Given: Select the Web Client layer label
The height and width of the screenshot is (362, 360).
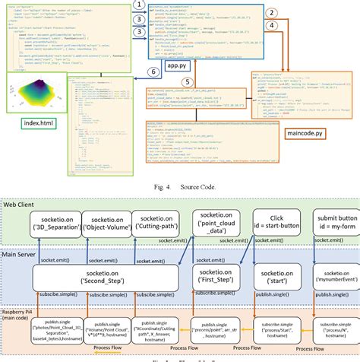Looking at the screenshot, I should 23,184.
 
